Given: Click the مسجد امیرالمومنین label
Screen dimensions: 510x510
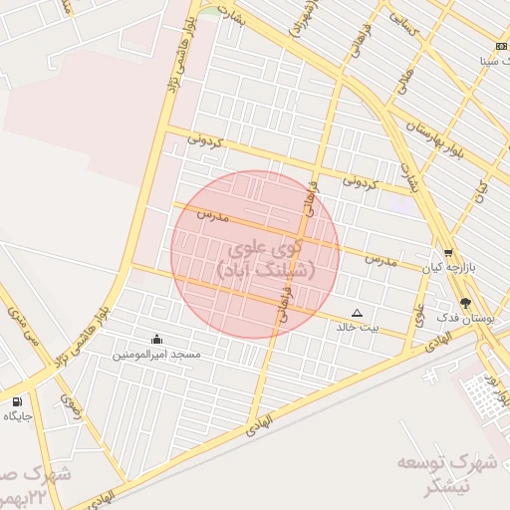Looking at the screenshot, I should click(156, 355).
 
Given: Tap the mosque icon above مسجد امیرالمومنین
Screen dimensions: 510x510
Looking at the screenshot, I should click(156, 339).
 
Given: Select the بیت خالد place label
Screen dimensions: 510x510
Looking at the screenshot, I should click(359, 326).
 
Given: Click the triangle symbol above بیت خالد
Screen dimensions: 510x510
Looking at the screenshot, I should click(358, 312).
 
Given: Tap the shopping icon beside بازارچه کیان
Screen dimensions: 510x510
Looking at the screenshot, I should click(448, 253).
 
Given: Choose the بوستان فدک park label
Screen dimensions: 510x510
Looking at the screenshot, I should click(466, 318).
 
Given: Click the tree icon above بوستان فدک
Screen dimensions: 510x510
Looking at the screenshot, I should click(466, 302).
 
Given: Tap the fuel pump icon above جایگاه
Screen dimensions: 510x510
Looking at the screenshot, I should click(17, 400).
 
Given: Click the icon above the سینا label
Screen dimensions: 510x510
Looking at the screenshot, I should click(500, 47).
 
